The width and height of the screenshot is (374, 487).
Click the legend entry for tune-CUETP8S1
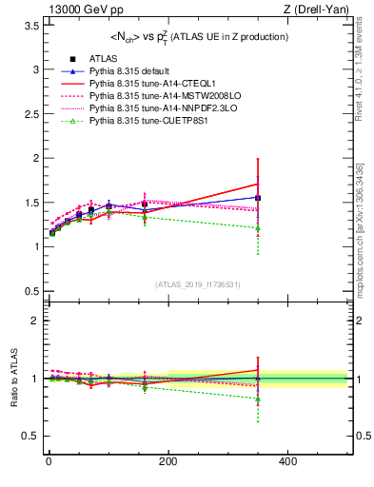tap(127, 121)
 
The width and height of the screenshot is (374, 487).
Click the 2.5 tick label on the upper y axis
tap(31, 114)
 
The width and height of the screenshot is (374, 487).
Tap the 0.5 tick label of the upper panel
tap(31, 290)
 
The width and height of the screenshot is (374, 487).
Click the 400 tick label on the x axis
tap(287, 461)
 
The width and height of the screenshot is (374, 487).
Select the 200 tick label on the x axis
tap(167, 461)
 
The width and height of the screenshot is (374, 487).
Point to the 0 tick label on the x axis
tap(48, 461)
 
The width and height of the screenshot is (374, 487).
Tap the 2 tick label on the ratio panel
tap(34, 321)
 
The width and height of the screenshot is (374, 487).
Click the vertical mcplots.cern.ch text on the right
tap(365, 228)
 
